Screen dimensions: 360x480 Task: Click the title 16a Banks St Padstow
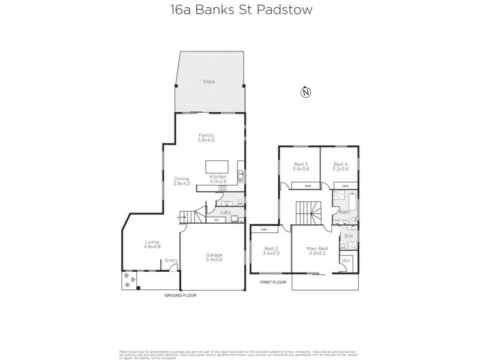pyautogui.click(x=240, y=10)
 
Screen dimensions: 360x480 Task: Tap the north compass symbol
pyautogui.click(x=306, y=92)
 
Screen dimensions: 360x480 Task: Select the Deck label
pyautogui.click(x=209, y=82)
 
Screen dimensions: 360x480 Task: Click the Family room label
pyautogui.click(x=206, y=136)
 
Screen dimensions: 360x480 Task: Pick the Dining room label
pyautogui.click(x=181, y=178)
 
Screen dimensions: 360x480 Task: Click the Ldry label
pyautogui.click(x=226, y=212)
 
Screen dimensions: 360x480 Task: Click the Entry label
pyautogui.click(x=172, y=260)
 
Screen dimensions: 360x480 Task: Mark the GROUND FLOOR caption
pyautogui.click(x=181, y=296)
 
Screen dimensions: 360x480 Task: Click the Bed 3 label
pyautogui.click(x=301, y=164)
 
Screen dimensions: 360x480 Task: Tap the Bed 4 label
pyautogui.click(x=341, y=164)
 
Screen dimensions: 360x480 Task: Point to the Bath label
pyautogui.click(x=344, y=212)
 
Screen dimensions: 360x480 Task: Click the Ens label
pyautogui.click(x=349, y=236)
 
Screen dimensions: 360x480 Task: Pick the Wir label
pyautogui.click(x=346, y=261)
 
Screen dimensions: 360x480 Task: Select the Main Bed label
pyautogui.click(x=316, y=249)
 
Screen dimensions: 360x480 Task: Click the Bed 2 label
pyautogui.click(x=271, y=249)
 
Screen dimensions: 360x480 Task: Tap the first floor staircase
pyautogui.click(x=310, y=212)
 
